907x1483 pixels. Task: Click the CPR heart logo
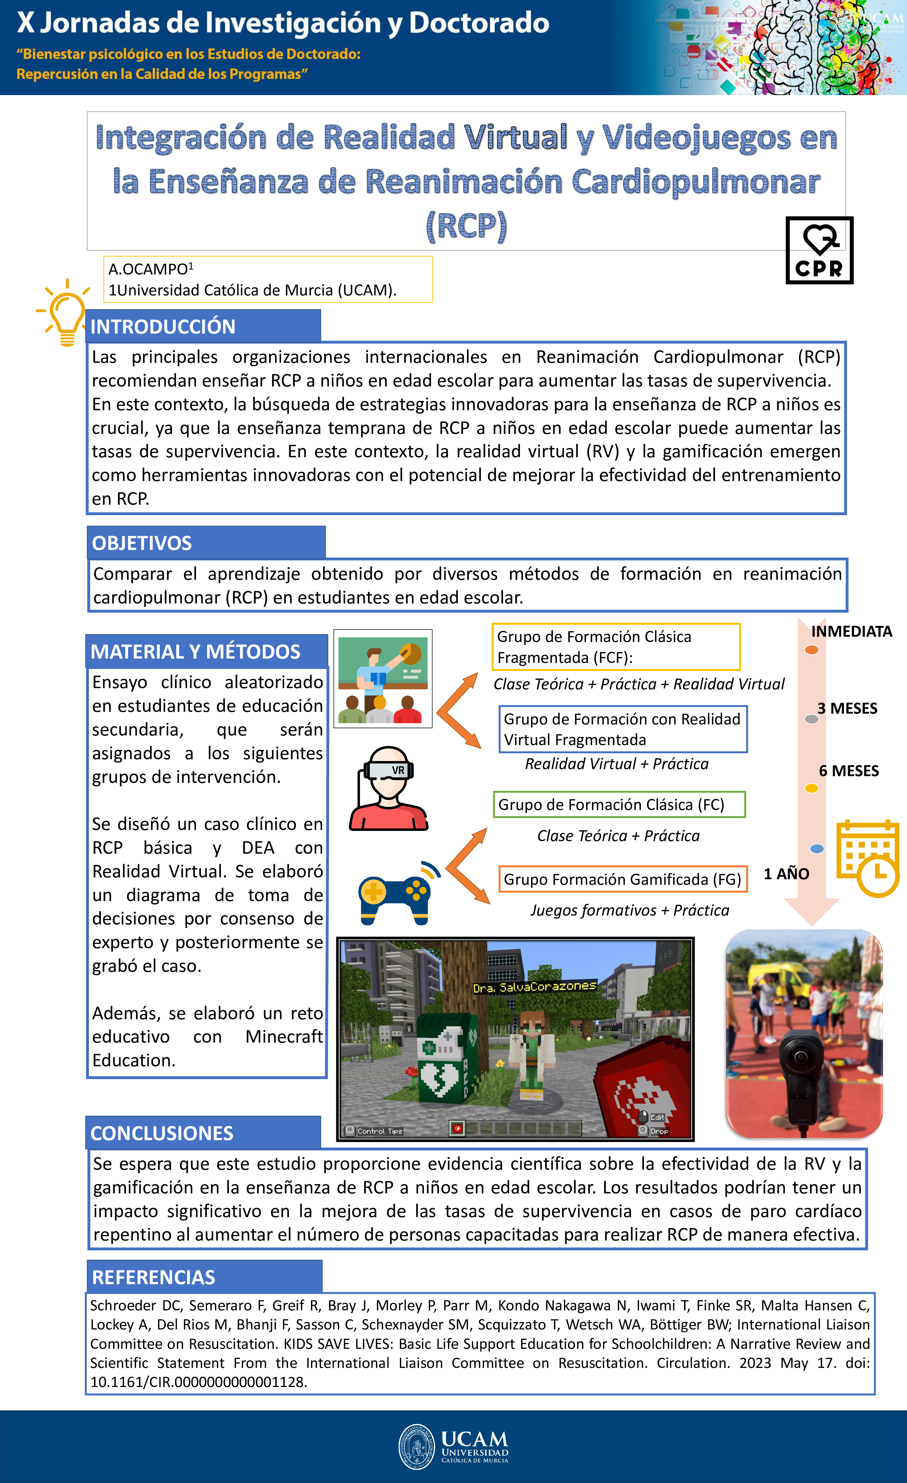819,251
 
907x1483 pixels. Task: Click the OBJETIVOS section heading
142,543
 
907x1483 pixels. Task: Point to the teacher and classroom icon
383,679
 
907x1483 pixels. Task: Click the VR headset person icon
388,788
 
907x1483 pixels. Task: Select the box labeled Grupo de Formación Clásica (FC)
619,805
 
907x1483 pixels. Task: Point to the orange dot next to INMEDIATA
811,650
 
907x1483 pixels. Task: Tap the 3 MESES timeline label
847,708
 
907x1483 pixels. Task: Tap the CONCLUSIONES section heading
162,1133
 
